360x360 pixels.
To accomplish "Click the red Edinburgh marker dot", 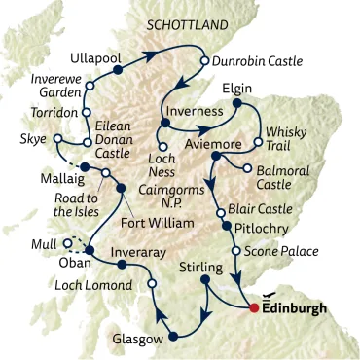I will (x=255, y=308).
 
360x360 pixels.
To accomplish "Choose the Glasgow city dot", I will (x=174, y=338).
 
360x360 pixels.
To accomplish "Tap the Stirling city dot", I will (x=205, y=281).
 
